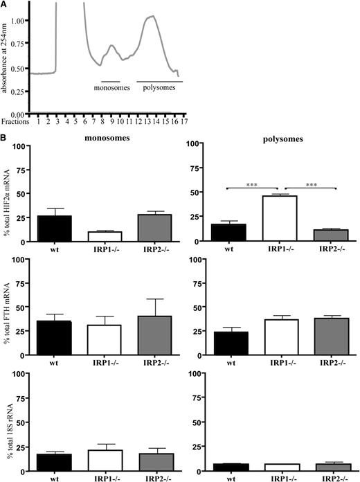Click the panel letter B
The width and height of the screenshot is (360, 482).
(4, 139)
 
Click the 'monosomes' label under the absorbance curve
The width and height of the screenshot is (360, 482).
(114, 88)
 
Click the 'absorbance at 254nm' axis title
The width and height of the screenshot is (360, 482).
(8, 58)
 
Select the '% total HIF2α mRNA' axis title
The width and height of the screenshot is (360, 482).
(8, 195)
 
